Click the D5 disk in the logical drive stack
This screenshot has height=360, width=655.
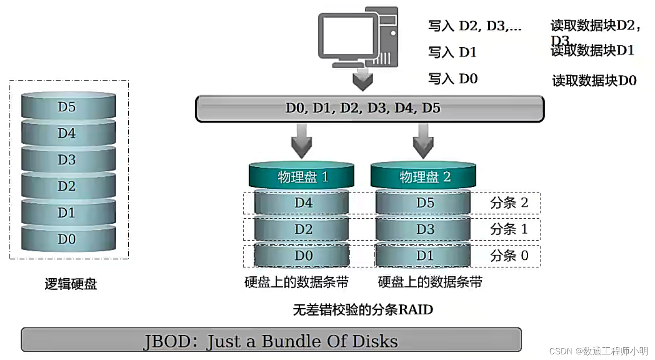point(68,107)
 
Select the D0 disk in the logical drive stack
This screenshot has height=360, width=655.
point(68,239)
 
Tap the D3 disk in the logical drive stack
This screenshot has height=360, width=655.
point(68,160)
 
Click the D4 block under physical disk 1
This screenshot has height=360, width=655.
point(302,203)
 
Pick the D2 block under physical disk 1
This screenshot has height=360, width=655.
point(302,229)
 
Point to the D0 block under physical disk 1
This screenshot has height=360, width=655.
point(302,256)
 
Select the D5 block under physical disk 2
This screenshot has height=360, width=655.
point(423,203)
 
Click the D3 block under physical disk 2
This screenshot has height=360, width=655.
point(423,229)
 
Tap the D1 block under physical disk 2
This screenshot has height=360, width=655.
point(423,256)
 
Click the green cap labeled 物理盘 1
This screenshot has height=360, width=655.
point(302,177)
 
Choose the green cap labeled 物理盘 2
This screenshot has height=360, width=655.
point(423,177)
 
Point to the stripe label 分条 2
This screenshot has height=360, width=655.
point(509,203)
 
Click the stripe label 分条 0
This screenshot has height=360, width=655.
point(509,256)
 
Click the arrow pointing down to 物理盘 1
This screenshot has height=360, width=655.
point(302,140)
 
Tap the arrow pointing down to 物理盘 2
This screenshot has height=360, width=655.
point(423,140)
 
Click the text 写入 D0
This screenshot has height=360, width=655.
point(453,79)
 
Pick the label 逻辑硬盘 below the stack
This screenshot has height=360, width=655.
point(71,284)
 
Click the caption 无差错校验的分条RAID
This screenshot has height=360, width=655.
point(363,309)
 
